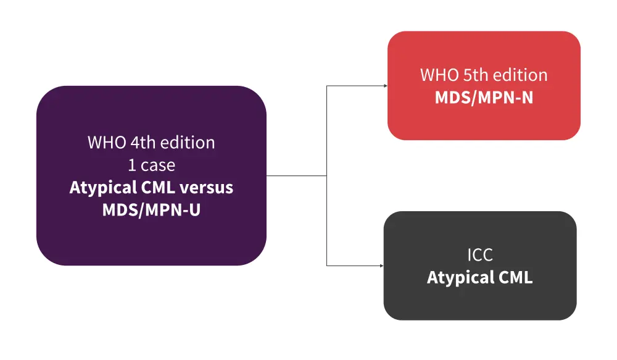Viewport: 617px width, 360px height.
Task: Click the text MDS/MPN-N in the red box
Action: coord(484,98)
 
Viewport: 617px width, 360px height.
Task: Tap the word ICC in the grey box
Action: coord(480,255)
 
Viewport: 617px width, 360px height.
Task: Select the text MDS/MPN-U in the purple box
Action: coord(151,210)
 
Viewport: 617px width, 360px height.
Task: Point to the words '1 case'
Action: coord(151,165)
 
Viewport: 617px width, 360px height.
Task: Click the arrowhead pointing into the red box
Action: coord(384,86)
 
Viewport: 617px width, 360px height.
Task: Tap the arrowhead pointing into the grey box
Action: coord(381,266)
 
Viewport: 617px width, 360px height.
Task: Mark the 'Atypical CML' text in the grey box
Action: coord(479,277)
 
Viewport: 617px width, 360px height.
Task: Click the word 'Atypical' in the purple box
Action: coord(99,187)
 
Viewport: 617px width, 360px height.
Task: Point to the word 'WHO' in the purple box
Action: coord(106,143)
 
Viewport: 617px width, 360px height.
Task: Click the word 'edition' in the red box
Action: coord(520,75)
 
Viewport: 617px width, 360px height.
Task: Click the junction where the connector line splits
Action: coord(326,175)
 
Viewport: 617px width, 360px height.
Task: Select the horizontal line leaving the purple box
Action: coord(296,175)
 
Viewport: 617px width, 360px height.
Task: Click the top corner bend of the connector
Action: coord(326,86)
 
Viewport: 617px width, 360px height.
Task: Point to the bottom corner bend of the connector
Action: coord(326,266)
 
